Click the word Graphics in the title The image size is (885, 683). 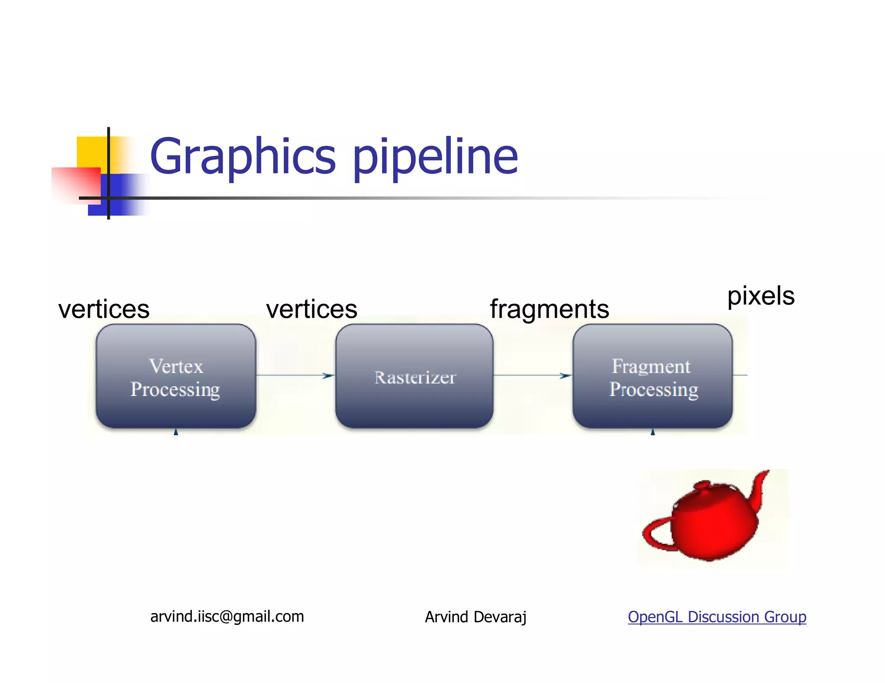(x=242, y=156)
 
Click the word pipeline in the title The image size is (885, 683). (x=436, y=156)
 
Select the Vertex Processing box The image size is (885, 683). (x=176, y=376)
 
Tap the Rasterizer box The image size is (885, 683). (x=414, y=376)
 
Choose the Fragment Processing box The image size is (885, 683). (x=653, y=376)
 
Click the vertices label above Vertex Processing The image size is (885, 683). (x=104, y=309)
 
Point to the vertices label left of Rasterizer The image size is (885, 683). (x=312, y=309)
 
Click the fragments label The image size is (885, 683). (x=549, y=309)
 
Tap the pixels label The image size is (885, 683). (x=761, y=296)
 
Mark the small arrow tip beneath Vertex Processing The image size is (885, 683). (x=176, y=432)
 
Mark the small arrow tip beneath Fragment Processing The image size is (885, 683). (x=653, y=432)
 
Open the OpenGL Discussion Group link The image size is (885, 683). (x=717, y=617)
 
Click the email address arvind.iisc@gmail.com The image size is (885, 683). (x=227, y=617)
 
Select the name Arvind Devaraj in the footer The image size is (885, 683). (x=475, y=617)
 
